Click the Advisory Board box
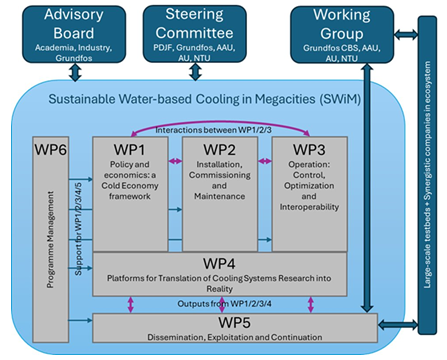pos(74,34)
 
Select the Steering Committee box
pos(195,34)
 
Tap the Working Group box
pos(342,35)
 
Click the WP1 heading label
pos(129,150)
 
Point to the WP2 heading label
pos(219,150)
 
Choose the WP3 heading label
pos(309,150)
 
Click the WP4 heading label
pos(219,264)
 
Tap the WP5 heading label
pos(235,322)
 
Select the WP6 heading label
pos(51,150)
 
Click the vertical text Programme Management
pos(50,239)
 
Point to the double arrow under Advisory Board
pos(75,72)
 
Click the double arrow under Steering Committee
pos(195,72)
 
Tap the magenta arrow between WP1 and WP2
pos(175,161)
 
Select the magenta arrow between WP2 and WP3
pos(265,161)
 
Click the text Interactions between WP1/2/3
pos(213,130)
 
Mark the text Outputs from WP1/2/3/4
pos(224,304)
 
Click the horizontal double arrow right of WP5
pos(398,324)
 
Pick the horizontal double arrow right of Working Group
pos(406,34)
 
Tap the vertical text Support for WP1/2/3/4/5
pos(78,229)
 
